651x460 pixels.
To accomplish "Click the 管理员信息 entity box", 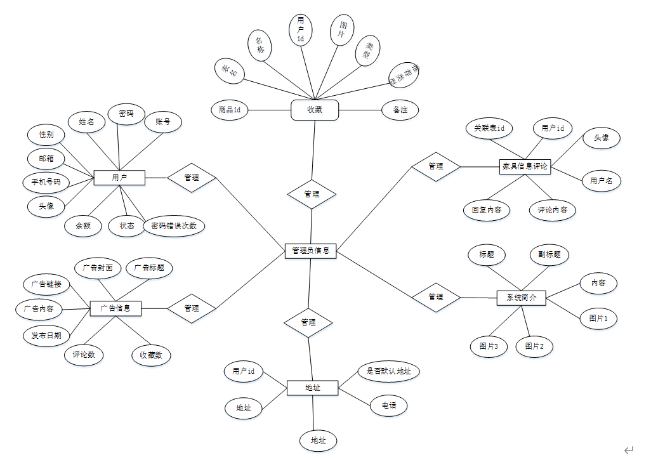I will [310, 251].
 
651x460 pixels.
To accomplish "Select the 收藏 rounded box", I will [315, 110].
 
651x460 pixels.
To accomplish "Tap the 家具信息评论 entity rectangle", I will [525, 167].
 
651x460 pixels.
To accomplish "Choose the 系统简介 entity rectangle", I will [521, 298].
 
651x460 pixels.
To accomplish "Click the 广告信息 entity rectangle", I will [115, 308].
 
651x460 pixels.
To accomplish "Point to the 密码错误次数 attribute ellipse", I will [174, 225].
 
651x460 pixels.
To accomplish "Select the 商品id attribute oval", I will [229, 110].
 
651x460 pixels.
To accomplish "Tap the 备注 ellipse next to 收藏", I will [400, 110].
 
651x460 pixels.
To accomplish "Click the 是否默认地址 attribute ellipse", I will [389, 371].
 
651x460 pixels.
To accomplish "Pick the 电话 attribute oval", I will [388, 405].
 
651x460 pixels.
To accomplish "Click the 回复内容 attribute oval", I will [487, 210].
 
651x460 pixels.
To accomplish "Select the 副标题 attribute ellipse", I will [549, 254].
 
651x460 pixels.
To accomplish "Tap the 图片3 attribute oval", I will [489, 346].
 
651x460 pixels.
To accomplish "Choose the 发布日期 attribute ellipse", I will [46, 335].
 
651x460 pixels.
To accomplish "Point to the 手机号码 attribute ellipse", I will [46, 182].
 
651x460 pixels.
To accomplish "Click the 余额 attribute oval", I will [83, 226].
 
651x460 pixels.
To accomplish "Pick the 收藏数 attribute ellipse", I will [151, 355].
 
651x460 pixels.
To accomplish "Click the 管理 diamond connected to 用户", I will [192, 178].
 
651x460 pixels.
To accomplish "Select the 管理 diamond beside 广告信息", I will [192, 308].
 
